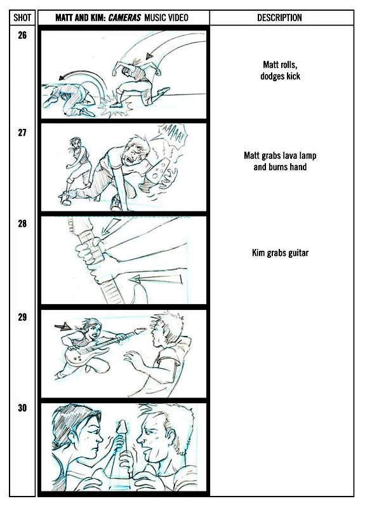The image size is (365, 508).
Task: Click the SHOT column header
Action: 22,18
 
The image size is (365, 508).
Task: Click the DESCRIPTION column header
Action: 279,18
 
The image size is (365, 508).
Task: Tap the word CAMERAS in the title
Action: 124,18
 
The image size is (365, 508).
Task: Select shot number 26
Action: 22,35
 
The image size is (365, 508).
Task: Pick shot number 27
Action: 22,132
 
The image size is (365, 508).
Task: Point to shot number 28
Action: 22,224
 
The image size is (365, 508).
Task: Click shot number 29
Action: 22,317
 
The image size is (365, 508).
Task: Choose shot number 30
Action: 22,408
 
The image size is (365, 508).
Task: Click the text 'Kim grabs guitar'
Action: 280,253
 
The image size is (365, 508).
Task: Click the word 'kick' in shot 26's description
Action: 293,76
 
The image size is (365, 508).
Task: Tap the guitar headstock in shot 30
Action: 123,428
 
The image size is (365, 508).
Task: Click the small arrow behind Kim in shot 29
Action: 63,326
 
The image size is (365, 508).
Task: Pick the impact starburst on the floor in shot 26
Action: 116,106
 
